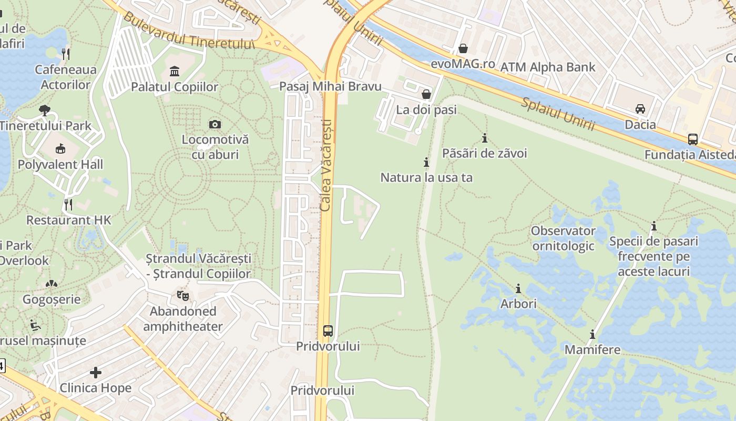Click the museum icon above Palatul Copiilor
point(175,71)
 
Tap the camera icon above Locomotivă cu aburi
point(214,124)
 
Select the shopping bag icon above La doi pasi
point(426,94)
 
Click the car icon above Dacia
point(640,109)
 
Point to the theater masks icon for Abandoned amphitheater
point(182,295)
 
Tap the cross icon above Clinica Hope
point(95,373)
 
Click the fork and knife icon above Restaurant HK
point(68,204)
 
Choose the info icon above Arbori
point(518,288)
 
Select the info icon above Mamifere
point(592,334)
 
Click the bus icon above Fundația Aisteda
point(693,139)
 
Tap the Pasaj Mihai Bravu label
point(330,86)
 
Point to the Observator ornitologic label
point(563,238)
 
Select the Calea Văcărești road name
point(326,165)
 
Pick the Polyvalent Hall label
point(60,164)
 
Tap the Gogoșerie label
point(52,299)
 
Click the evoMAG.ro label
point(463,64)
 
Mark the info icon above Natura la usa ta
point(426,162)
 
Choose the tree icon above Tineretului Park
point(45,111)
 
